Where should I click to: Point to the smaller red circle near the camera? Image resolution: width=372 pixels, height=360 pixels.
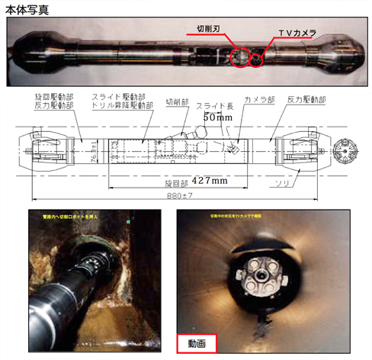click(x=258, y=59)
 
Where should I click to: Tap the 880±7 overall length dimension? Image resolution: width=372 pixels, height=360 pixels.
click(x=192, y=195)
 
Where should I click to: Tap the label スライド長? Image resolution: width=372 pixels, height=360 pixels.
click(x=210, y=107)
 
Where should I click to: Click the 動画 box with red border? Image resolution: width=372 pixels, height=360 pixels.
click(x=196, y=343)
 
